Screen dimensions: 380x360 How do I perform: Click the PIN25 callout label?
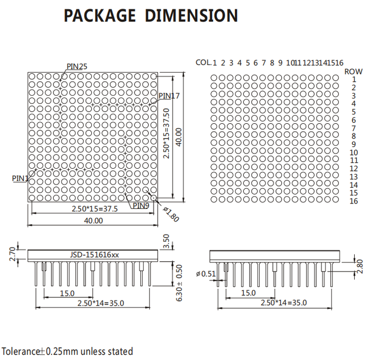(x=77, y=66)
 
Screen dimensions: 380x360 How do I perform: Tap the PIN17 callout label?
(x=169, y=96)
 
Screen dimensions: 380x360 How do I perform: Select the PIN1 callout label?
(x=20, y=179)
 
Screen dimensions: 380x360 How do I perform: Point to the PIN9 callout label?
(x=141, y=206)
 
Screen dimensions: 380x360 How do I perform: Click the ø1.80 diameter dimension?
(x=171, y=214)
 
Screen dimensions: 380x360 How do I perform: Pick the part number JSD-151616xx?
(x=94, y=255)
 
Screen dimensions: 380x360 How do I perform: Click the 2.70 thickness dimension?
(x=13, y=254)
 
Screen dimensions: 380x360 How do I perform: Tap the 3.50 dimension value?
(x=166, y=241)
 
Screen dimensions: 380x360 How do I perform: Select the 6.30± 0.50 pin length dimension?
(x=178, y=283)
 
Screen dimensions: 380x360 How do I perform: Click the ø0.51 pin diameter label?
(x=206, y=274)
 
